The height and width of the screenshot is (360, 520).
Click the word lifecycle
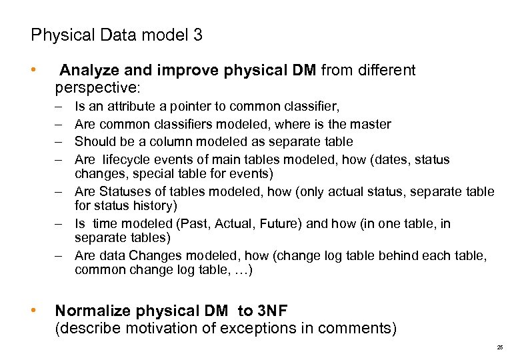(130, 160)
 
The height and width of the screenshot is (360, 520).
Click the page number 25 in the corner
(500, 348)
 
